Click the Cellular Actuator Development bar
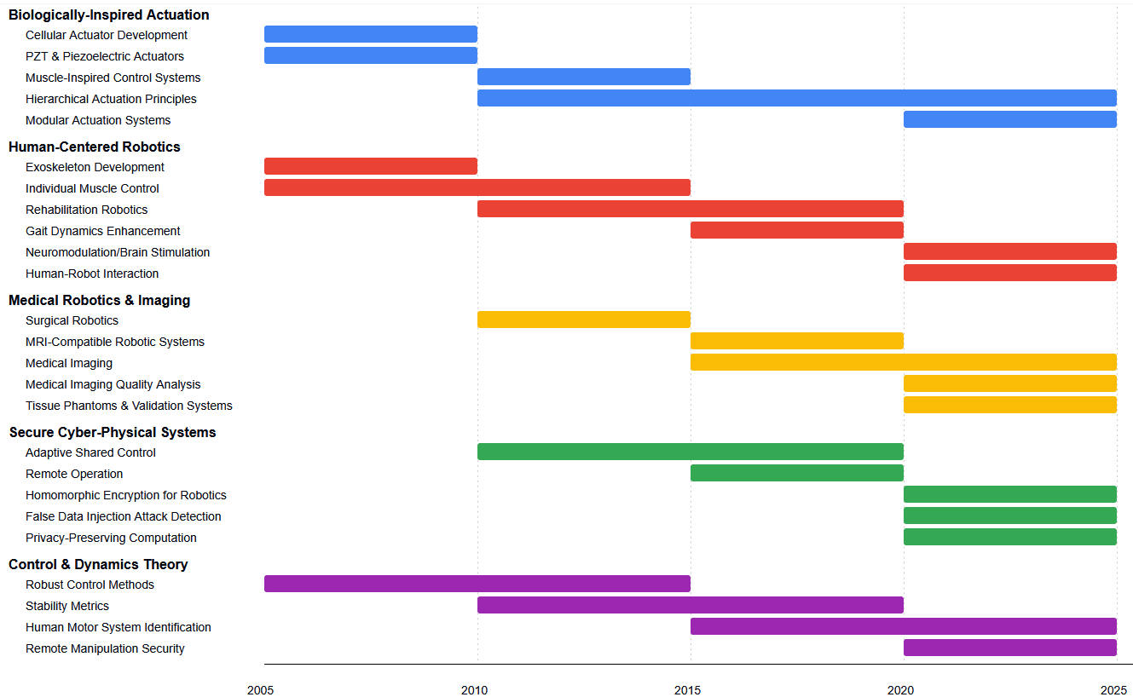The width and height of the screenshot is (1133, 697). pos(371,34)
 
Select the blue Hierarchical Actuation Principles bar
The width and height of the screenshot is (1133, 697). pos(797,98)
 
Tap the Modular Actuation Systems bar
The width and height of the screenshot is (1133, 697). pos(1010,119)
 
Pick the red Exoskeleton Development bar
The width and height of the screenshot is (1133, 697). pos(371,166)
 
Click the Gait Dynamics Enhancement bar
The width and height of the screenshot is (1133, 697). pos(797,230)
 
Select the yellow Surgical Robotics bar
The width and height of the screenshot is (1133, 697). pos(584,320)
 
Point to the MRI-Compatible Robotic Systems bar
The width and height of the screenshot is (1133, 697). pos(797,341)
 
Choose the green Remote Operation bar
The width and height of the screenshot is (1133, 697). pos(797,473)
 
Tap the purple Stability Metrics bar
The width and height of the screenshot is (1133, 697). pos(691,605)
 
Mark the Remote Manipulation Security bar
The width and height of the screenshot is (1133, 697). pos(1010,648)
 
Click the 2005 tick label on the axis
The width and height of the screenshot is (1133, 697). pos(260,690)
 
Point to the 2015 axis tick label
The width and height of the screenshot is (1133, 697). pos(687,690)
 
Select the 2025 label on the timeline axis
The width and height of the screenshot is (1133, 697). pos(1113,690)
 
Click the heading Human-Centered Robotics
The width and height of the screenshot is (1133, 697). pos(95,147)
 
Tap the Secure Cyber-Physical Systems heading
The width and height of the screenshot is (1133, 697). pos(113,433)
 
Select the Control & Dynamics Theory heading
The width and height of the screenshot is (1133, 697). pos(98,565)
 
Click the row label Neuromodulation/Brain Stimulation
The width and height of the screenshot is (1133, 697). pos(118,252)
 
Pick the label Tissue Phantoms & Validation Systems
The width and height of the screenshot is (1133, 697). pos(129,406)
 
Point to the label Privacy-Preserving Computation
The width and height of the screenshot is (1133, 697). pos(111,538)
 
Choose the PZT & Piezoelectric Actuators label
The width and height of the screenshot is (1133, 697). pos(105,56)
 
